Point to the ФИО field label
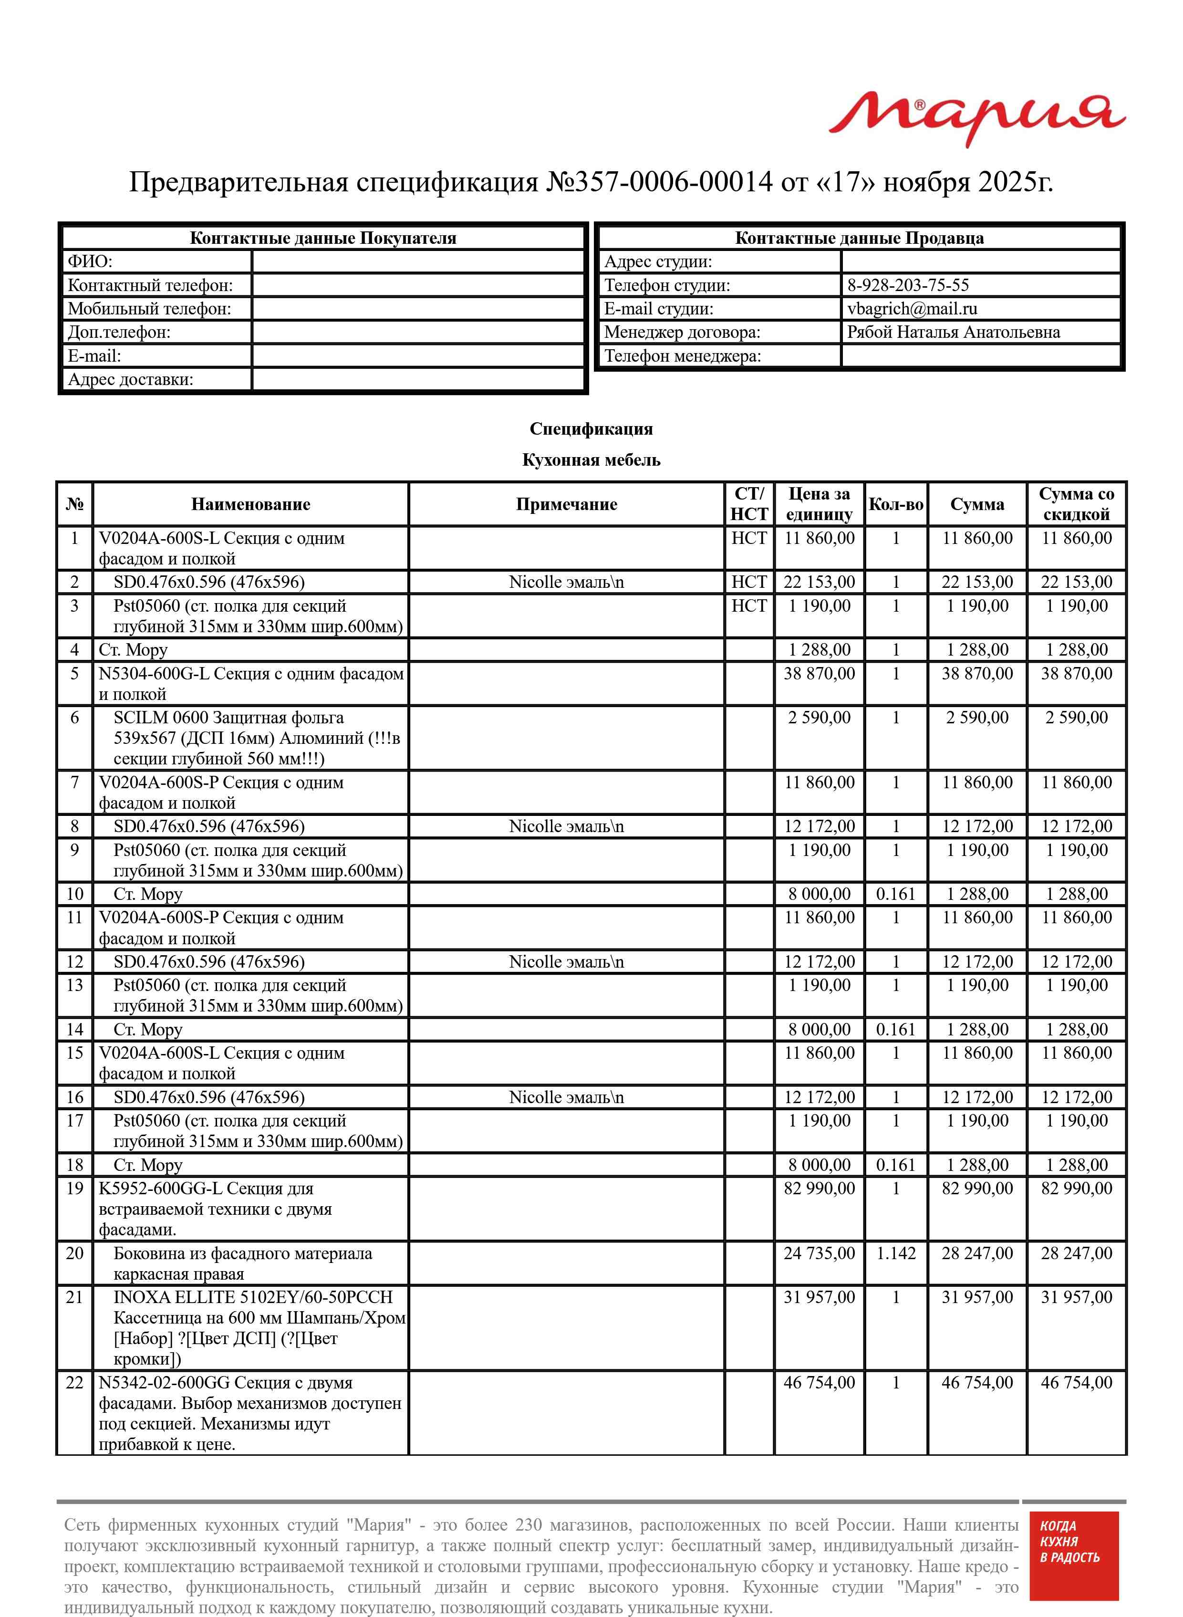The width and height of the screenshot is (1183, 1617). coord(90,262)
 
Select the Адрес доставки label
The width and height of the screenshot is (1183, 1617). coord(130,379)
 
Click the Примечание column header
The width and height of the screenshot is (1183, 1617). coord(566,504)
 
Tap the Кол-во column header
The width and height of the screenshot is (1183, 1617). coord(895,504)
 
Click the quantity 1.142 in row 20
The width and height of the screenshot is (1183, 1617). coord(895,1253)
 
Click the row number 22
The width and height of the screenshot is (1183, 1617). coord(74,1383)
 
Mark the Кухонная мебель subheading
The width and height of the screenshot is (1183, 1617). coord(591,460)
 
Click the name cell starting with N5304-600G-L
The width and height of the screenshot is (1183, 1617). coord(250,684)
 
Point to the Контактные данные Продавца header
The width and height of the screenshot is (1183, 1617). coord(859,239)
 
